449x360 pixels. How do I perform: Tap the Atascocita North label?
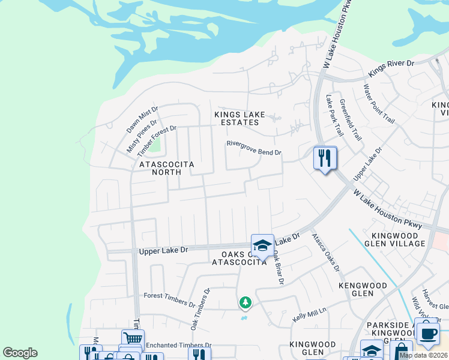(160, 167)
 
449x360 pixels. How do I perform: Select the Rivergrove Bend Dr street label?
(253, 148)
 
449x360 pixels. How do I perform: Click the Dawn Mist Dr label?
(142, 119)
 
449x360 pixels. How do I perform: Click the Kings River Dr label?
(391, 67)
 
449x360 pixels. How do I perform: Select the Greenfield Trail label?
(351, 119)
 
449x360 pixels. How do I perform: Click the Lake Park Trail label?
(334, 115)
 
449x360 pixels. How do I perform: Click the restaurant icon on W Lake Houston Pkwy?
(325, 158)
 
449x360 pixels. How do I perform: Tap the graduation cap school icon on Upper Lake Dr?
(262, 245)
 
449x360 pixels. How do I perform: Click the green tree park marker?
(245, 303)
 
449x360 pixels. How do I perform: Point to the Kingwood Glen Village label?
(399, 239)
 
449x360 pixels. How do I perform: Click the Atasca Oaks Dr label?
(325, 252)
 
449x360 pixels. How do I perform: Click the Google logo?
(20, 353)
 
